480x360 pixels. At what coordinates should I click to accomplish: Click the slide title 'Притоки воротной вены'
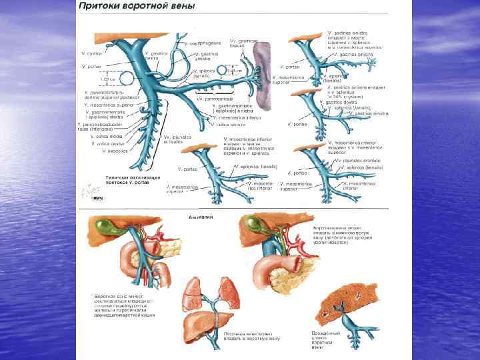[137, 6]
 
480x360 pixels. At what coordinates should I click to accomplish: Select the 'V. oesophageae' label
[204, 43]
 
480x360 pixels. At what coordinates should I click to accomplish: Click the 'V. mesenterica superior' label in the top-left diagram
[109, 105]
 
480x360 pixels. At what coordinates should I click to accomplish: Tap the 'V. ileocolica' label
[114, 151]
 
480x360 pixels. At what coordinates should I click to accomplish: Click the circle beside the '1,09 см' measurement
[127, 79]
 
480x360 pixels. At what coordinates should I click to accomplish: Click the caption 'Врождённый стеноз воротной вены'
[326, 339]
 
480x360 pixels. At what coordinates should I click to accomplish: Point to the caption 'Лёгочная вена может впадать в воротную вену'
[251, 335]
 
